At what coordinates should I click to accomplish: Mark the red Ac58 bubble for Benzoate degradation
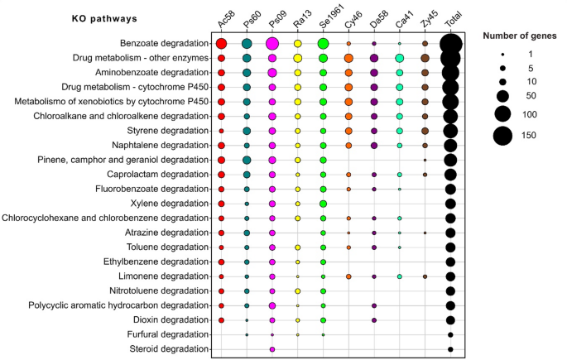221,44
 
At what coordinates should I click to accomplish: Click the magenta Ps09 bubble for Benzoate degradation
272,44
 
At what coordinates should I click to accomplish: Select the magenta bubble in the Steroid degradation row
272,349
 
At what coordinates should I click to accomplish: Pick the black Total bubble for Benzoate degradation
450,44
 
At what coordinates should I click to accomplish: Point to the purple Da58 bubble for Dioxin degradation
374,319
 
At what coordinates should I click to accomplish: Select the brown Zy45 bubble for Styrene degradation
425,131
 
